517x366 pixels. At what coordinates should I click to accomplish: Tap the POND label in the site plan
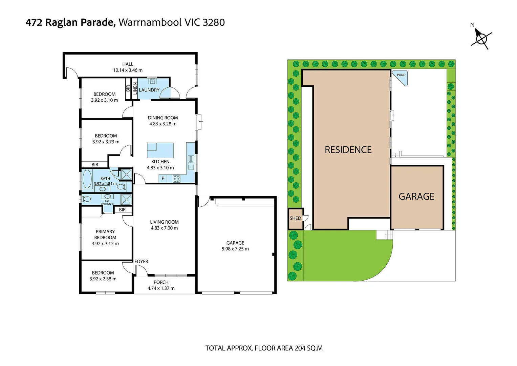click(401, 75)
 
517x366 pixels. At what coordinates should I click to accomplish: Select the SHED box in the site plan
click(295, 218)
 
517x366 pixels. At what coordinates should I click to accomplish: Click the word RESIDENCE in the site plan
click(348, 150)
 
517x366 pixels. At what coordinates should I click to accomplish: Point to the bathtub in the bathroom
click(87, 179)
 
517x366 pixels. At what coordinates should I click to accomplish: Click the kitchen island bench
click(160, 150)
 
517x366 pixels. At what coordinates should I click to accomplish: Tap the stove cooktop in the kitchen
click(176, 179)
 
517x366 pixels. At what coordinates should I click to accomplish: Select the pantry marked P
click(163, 179)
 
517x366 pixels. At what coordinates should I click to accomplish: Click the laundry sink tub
click(152, 81)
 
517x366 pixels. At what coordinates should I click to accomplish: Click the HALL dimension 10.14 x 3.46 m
click(128, 70)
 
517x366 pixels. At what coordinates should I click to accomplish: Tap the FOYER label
click(141, 261)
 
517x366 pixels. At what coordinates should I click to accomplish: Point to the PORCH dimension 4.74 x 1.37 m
click(161, 288)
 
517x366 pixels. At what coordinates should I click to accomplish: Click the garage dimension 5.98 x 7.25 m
click(235, 249)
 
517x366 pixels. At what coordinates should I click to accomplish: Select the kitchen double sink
click(191, 163)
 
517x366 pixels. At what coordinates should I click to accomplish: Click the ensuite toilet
click(86, 199)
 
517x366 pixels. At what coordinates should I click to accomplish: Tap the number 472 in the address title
click(34, 22)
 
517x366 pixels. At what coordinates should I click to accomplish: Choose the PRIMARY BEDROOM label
click(105, 235)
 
